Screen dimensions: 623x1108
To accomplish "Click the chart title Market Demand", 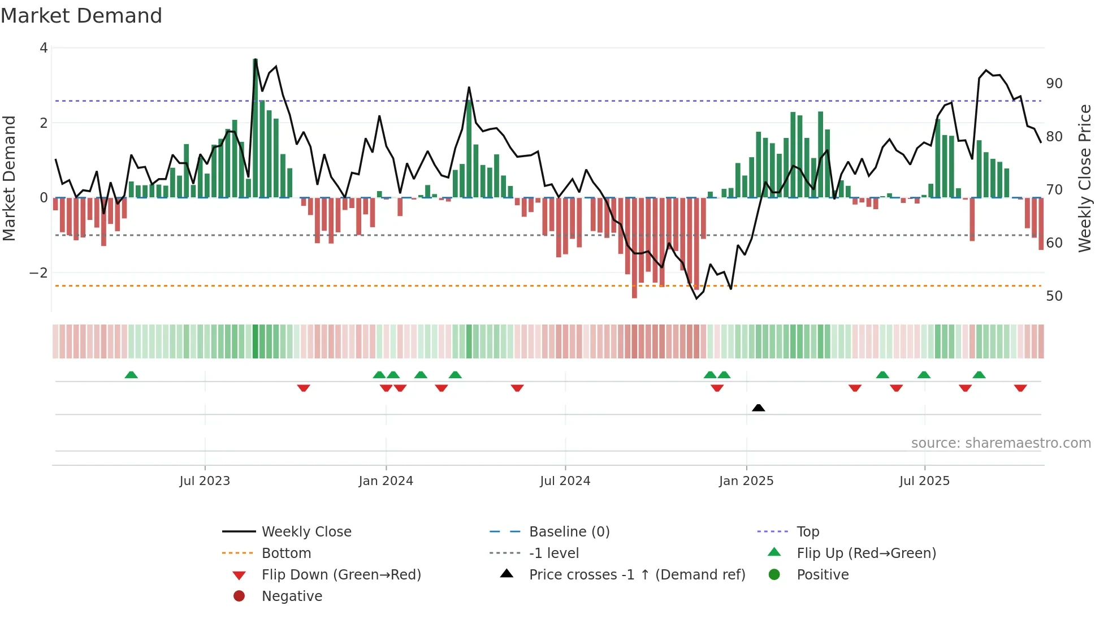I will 81,16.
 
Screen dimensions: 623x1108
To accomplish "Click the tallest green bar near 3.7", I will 255,128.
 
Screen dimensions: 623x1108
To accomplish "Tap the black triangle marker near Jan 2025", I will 759,408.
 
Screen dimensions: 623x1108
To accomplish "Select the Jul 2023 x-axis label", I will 205,481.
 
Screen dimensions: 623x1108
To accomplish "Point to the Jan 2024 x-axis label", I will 386,481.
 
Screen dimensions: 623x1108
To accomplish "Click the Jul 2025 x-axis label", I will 924,481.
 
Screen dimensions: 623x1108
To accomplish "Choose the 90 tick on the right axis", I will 1054,84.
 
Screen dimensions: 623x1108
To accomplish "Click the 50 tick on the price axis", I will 1054,296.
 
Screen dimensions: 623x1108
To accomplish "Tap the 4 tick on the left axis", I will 44,48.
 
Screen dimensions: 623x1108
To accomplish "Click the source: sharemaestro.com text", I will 1001,443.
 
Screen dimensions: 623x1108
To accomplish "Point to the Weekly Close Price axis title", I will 1084,178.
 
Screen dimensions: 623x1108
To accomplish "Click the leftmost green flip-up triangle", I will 131,375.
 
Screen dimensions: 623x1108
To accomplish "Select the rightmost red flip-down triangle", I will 1020,388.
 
